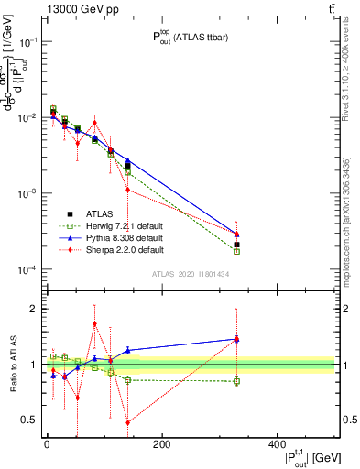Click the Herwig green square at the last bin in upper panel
[236, 251]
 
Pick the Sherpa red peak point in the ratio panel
[94, 323]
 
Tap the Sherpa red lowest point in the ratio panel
[128, 422]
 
